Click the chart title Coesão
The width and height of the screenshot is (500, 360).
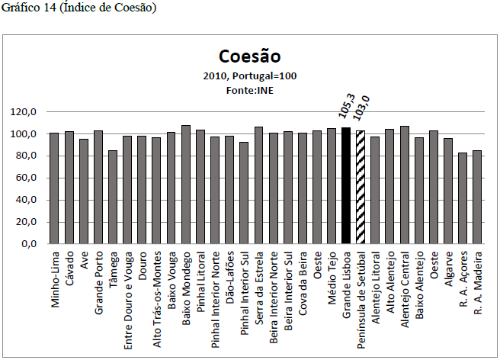click(249, 56)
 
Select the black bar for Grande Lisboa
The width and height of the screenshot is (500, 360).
click(346, 186)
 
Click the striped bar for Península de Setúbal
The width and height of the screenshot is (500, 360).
click(361, 188)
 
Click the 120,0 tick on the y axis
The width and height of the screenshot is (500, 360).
click(24, 112)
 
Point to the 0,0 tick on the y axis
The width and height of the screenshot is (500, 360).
click(29, 245)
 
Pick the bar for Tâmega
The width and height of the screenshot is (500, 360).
click(113, 197)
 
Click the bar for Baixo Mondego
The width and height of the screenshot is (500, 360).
click(186, 185)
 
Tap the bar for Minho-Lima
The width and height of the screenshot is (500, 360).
click(54, 188)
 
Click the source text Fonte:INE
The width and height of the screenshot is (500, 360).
click(249, 90)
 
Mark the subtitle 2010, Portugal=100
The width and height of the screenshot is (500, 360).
click(249, 76)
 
